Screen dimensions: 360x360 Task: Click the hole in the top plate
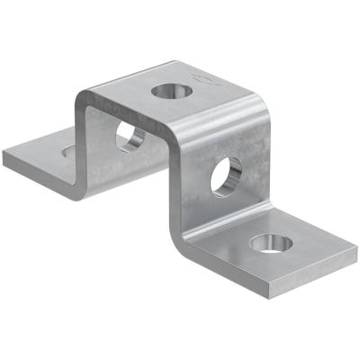[168, 90]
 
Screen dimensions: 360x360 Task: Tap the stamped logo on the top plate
[206, 79]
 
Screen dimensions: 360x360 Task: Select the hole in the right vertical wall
[226, 175]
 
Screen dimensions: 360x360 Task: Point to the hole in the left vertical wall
[130, 136]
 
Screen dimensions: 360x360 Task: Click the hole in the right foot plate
[270, 242]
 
